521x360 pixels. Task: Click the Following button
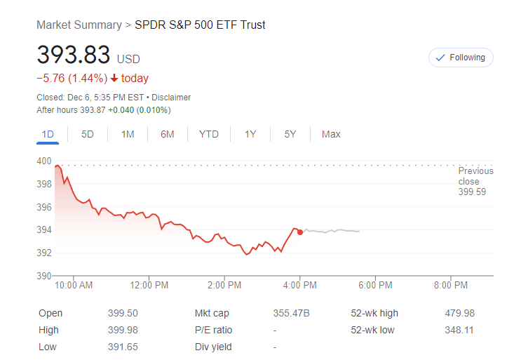click(461, 58)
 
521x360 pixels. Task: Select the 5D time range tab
click(88, 134)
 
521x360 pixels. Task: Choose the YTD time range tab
click(208, 134)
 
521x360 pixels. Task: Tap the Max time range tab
click(331, 134)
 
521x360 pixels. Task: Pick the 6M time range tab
click(167, 134)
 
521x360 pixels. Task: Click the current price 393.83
click(74, 55)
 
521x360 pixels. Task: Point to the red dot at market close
click(300, 232)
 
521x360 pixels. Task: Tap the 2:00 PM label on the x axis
click(224, 286)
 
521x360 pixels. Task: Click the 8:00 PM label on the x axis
click(451, 286)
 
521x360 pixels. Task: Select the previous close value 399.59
click(471, 192)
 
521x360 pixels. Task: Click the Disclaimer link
click(171, 98)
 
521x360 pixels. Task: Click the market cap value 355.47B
click(290, 313)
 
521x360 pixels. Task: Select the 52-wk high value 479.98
click(459, 313)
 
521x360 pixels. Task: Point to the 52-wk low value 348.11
click(459, 330)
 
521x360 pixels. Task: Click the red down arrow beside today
click(114, 79)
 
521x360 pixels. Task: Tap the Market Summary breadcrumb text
click(79, 25)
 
